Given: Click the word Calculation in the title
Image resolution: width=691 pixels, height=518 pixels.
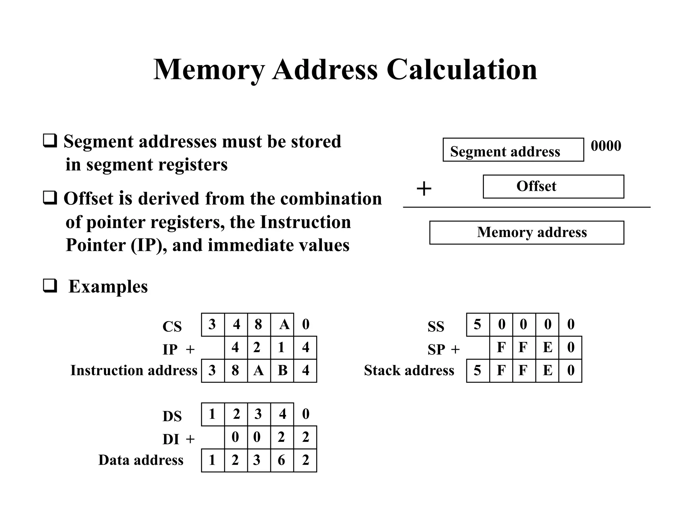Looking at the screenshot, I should pyautogui.click(x=461, y=70).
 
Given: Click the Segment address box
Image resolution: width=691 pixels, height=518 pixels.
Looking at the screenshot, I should pyautogui.click(x=513, y=150).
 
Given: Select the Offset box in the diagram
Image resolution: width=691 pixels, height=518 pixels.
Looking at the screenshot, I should pyautogui.click(x=553, y=186).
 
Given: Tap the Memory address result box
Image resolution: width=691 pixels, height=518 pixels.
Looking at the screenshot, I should pyautogui.click(x=526, y=232).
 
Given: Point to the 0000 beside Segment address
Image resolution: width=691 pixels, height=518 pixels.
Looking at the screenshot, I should pyautogui.click(x=606, y=146).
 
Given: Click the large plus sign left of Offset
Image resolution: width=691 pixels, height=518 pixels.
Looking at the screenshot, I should pyautogui.click(x=424, y=189).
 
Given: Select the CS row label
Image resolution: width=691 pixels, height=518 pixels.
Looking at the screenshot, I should pyautogui.click(x=172, y=326).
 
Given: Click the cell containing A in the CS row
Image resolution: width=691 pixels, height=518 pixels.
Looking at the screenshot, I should pyautogui.click(x=282, y=325).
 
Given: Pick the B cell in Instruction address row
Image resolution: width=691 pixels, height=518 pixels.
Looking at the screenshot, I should pyautogui.click(x=282, y=371).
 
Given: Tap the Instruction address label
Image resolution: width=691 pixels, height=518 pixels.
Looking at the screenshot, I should pyautogui.click(x=134, y=370).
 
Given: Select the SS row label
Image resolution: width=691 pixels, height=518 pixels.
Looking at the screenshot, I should pyautogui.click(x=436, y=326).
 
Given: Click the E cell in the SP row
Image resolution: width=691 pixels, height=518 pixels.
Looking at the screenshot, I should pyautogui.click(x=547, y=347).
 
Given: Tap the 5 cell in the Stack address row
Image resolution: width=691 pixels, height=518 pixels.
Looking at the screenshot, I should pyautogui.click(x=478, y=371).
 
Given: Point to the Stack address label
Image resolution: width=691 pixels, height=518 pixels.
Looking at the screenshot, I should pyautogui.click(x=409, y=370).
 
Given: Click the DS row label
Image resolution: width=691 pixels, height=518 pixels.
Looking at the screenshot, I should pyautogui.click(x=172, y=416).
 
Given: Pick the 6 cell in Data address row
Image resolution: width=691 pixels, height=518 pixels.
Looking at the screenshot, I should pyautogui.click(x=282, y=460).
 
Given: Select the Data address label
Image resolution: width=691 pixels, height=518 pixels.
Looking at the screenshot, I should pyautogui.click(x=141, y=460).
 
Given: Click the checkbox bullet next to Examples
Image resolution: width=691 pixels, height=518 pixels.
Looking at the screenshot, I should pyautogui.click(x=50, y=286).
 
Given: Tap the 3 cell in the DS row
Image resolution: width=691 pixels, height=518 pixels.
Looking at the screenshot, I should pyautogui.click(x=259, y=414).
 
